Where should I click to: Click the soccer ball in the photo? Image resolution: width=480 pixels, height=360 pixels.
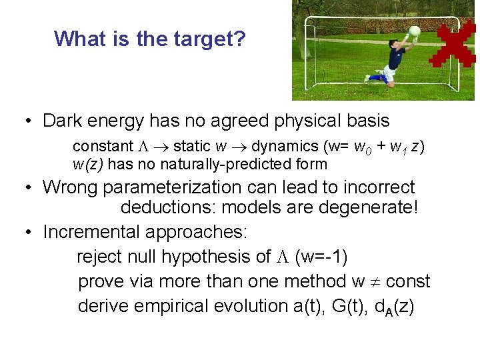(x=413, y=31)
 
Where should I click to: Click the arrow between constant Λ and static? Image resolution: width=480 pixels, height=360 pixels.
(x=161, y=146)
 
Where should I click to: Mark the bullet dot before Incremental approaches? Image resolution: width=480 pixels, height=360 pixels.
(x=29, y=233)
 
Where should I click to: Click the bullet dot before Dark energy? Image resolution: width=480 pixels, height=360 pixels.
(x=29, y=121)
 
